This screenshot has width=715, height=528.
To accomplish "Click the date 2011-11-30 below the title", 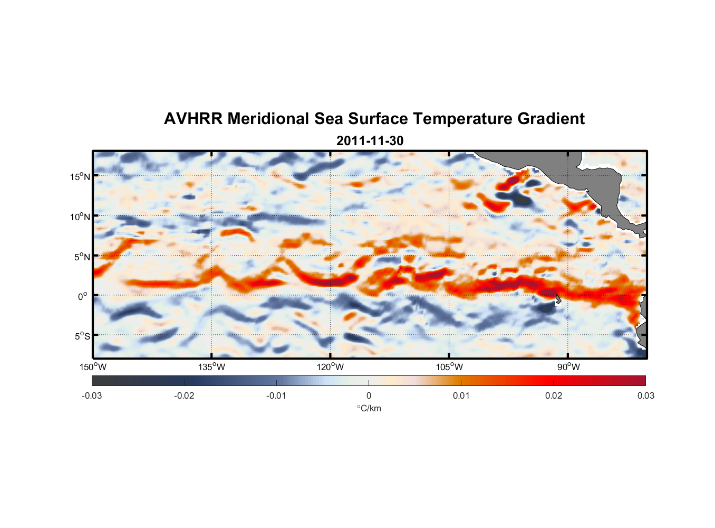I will pos(370,141).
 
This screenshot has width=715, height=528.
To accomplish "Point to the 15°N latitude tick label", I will pos(80,176).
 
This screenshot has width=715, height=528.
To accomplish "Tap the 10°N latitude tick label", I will pos(80,216).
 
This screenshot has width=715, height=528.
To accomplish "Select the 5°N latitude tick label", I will pos(82,257).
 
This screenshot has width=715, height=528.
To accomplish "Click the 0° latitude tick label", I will pos(83,296).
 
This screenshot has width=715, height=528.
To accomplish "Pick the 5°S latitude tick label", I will pos(82,336).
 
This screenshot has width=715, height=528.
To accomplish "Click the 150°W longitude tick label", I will pos(93,367).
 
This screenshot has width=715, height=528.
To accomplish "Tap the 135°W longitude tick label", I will pos(212,367).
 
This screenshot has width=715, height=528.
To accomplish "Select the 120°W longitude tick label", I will pos(331,367).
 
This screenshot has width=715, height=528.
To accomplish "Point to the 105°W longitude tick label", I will pos(449,367).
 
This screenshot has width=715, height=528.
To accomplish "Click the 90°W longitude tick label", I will pos(568,367).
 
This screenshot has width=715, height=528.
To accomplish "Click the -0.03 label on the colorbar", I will pos(92,395).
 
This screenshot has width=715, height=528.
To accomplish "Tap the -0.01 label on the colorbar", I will pos(276,395).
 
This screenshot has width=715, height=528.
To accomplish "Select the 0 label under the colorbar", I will pos(369,395).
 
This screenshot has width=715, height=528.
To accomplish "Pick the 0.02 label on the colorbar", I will pos(554,395).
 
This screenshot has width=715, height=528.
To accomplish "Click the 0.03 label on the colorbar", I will pos(645,395).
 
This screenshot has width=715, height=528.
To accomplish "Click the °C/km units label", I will pos(369,408).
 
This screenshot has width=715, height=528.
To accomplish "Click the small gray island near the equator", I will pos(558,299).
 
